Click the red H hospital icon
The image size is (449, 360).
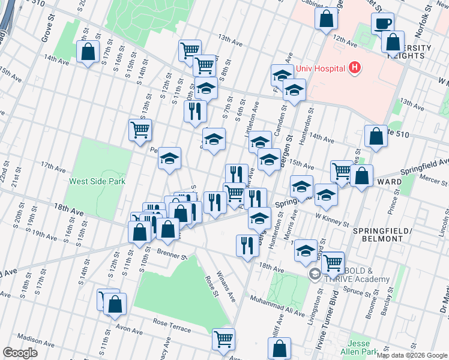pos(355,68)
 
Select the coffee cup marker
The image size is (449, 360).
pos(382,23)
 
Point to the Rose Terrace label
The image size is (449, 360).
pos(172,326)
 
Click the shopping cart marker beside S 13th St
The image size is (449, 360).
pos(140,130)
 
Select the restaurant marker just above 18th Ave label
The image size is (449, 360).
pos(247,245)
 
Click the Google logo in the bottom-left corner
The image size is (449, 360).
pos(20,353)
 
